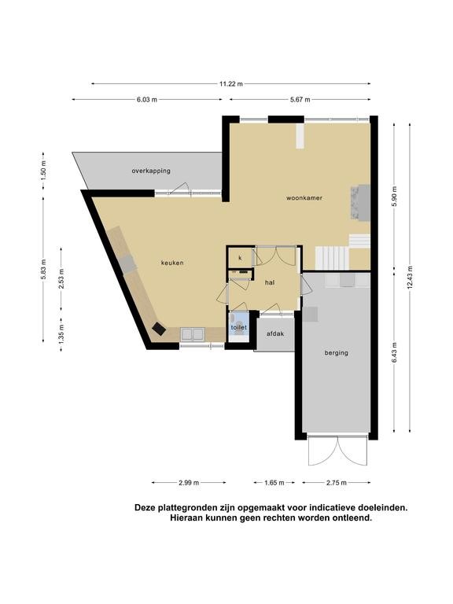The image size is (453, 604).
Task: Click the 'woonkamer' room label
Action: click(304, 198)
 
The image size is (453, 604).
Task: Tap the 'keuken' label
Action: click(172, 263)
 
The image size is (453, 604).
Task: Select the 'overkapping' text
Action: click(151, 171)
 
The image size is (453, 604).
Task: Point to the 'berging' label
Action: click(337, 352)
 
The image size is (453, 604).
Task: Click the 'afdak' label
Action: click(275, 333)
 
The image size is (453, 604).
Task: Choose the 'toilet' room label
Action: click(238, 327)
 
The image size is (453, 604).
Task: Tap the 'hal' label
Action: click(270, 282)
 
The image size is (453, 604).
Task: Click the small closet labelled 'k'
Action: click(240, 258)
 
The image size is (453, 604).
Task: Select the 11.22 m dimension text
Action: click(231, 83)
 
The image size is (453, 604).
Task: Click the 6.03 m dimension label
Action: click(147, 99)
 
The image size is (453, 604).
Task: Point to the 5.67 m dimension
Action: click(300, 99)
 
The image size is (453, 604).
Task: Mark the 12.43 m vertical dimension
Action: click(410, 278)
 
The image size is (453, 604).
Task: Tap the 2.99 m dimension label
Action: click(189, 482)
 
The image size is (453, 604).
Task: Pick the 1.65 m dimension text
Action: click(274, 482)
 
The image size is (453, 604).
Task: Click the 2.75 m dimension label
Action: click(337, 482)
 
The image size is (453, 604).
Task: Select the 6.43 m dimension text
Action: click(394, 353)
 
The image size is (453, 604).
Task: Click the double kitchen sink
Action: click(193, 334)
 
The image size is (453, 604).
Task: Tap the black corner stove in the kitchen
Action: click(159, 329)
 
